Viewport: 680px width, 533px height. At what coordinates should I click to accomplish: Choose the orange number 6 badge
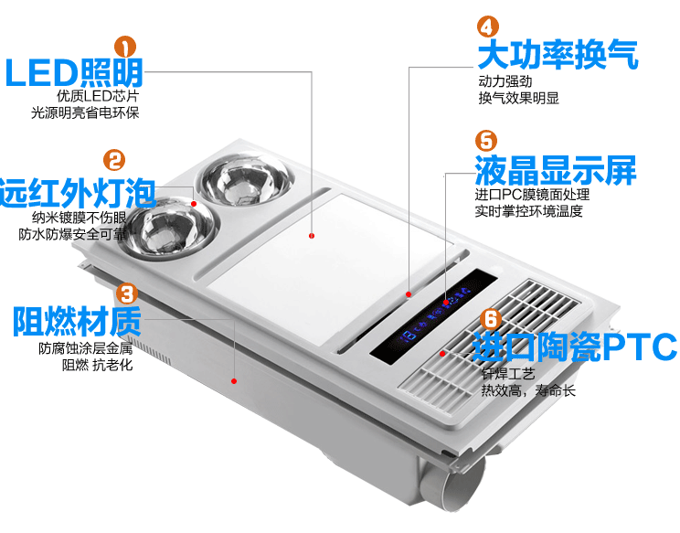[490, 320]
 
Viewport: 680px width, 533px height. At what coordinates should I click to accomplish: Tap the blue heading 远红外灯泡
[79, 193]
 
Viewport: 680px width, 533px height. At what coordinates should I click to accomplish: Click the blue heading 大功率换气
[558, 55]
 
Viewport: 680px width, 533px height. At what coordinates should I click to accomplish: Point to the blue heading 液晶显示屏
[555, 170]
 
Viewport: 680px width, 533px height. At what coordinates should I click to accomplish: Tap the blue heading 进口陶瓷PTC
[576, 347]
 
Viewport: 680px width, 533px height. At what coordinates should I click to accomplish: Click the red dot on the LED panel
[313, 235]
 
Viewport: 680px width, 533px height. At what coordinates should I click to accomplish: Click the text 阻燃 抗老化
[98, 366]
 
